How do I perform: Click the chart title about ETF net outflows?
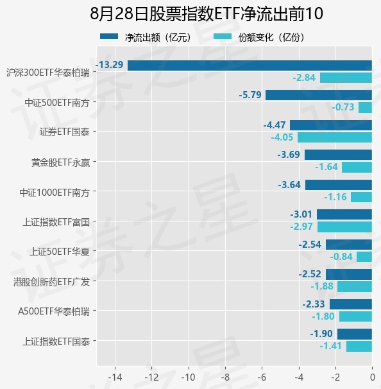207,13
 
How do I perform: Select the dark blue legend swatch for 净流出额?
109,37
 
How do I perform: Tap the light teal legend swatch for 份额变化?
223,37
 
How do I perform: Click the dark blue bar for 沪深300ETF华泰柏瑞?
250,65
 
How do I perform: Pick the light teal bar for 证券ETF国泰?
335,137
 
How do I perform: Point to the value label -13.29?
109,65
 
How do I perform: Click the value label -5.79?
250,95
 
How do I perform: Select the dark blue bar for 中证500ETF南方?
319,95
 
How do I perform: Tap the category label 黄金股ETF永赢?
60,163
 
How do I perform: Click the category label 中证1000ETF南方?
55,193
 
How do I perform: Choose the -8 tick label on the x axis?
225,377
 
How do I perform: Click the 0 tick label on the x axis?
372,377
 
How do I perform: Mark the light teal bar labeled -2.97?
344,227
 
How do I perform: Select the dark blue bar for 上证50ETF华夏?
349,245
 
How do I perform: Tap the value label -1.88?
322,286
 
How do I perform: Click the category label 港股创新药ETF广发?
51,282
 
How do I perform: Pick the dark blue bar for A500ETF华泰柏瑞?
351,304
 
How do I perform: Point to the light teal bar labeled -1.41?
359,347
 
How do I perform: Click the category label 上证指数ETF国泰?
56,341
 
